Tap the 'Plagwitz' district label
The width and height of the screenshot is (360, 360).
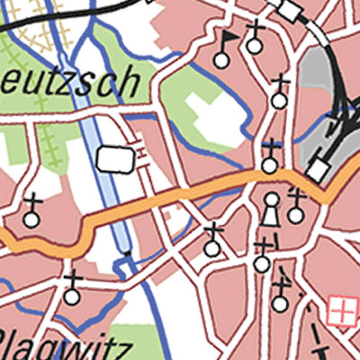click(63, 346)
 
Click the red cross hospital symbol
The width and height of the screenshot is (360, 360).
click(342, 310)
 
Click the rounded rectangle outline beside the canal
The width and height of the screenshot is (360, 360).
click(115, 158)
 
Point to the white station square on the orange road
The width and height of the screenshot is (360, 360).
click(317, 168)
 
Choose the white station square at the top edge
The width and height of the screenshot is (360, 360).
click(291, 10)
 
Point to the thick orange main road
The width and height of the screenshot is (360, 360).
click(180, 195)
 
